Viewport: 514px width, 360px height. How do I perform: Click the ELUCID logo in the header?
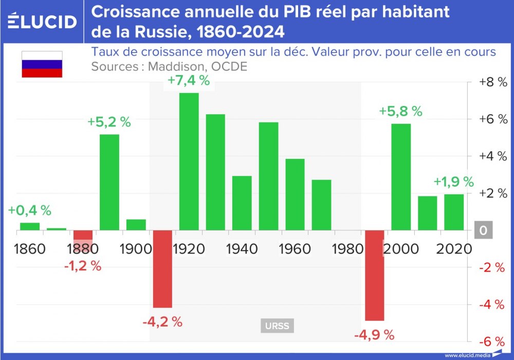[x=43, y=21]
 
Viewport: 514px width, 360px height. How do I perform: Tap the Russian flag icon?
[x=42, y=64]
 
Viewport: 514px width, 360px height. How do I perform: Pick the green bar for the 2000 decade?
[x=401, y=177]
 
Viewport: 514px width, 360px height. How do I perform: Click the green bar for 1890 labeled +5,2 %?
[x=109, y=182]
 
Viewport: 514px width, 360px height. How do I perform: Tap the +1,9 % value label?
[x=453, y=182]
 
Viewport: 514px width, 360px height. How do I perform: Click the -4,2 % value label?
[x=162, y=322]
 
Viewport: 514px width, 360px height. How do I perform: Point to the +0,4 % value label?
[x=30, y=210]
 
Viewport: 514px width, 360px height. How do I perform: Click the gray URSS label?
[x=277, y=326]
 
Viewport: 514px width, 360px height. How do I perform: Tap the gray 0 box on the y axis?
[x=483, y=230]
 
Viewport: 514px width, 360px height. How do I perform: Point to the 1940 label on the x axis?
[x=242, y=249]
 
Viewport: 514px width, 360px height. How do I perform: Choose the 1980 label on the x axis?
[x=347, y=249]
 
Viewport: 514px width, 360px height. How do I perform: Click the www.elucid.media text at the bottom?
[x=467, y=355]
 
